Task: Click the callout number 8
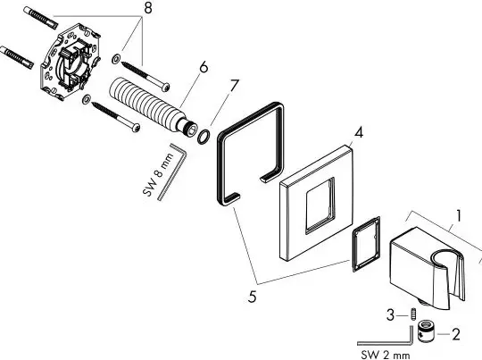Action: (148, 8)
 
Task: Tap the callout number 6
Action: (204, 67)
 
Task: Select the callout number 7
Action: (234, 85)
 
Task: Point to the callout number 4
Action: (359, 132)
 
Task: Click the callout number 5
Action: (252, 297)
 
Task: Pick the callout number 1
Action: (458, 215)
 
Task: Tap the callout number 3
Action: (390, 315)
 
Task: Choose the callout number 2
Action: (456, 334)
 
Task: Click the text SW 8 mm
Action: (158, 175)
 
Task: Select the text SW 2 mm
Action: (386, 355)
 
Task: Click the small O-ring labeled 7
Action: (204, 137)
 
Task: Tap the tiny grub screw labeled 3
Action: (413, 314)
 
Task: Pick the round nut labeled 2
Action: (426, 331)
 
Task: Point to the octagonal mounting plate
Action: (71, 58)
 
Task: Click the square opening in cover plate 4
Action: (320, 205)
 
